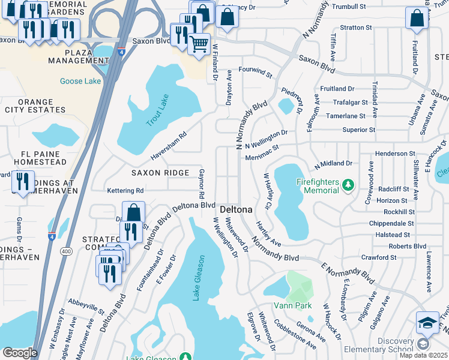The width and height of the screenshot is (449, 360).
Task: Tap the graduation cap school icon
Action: pyautogui.click(x=427, y=322)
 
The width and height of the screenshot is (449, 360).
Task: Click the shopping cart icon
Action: pyautogui.click(x=198, y=44)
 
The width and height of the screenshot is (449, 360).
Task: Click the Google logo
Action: pyautogui.click(x=20, y=353)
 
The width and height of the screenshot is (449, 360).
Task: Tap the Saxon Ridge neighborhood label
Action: pyautogui.click(x=160, y=173)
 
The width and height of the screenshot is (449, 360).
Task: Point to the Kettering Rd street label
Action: pyautogui.click(x=125, y=190)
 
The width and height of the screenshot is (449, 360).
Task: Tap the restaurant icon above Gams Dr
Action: pyautogui.click(x=23, y=181)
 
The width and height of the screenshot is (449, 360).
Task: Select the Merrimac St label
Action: pyautogui.click(x=262, y=156)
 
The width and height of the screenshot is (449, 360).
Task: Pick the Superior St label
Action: pyautogui.click(x=358, y=130)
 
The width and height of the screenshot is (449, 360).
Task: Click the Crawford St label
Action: pyautogui.click(x=379, y=257)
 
